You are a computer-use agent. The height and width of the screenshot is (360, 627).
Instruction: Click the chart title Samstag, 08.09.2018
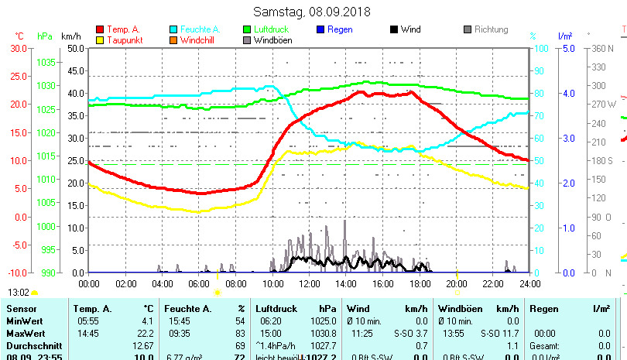coord(312,12)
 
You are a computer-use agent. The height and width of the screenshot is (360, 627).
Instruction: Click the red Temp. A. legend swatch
coord(100,29)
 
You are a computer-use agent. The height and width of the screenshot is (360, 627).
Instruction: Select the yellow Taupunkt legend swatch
coord(100,40)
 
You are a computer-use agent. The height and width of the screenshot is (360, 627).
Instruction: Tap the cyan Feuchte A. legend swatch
coord(173,29)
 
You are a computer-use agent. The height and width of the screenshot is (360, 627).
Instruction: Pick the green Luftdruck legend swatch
coord(247,29)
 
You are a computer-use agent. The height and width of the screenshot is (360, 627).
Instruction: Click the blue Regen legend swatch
coord(320,29)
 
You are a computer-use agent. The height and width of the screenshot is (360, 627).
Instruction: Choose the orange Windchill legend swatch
coord(173,40)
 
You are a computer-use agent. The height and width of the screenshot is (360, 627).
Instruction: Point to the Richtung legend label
coord(491,29)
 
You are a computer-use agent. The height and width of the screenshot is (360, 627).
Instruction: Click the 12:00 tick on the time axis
coord(309,283)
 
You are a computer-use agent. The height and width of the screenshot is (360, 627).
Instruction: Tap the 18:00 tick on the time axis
coord(419,283)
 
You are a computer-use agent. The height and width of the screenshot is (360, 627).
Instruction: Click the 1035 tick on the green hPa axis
coord(46,62)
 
